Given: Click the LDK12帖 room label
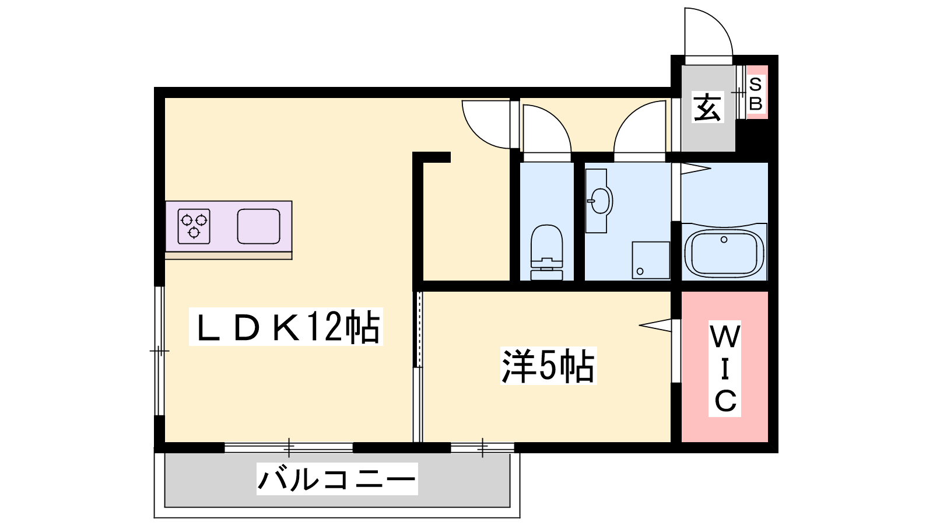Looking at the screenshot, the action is pyautogui.click(x=286, y=326).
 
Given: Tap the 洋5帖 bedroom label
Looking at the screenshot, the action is pyautogui.click(x=548, y=365).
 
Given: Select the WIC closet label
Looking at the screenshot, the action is pyautogui.click(x=725, y=369).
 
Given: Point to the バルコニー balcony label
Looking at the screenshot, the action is pyautogui.click(x=337, y=479).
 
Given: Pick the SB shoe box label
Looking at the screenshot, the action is pyautogui.click(x=756, y=94).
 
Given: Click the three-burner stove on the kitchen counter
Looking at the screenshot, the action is pyautogui.click(x=194, y=226).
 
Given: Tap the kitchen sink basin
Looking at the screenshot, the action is pyautogui.click(x=259, y=226).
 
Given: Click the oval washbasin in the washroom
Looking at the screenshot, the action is pyautogui.click(x=600, y=201).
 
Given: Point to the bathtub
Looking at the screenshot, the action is pyautogui.click(x=724, y=251).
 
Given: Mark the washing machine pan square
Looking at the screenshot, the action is pyautogui.click(x=651, y=260).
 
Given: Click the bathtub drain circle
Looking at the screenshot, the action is pyautogui.click(x=724, y=240).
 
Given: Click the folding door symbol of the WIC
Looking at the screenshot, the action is pyautogui.click(x=655, y=325).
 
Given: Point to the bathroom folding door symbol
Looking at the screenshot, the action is pyautogui.click(x=696, y=169).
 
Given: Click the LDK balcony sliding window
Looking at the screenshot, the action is pyautogui.click(x=289, y=449).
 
